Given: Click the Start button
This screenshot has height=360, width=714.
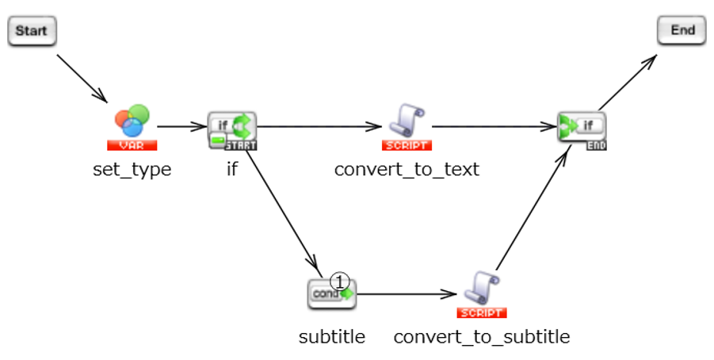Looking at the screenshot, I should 32,32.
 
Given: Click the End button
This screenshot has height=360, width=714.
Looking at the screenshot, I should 682,31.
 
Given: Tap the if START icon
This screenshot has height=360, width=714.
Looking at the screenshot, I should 232,129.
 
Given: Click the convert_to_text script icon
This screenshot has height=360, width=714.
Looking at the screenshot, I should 407,126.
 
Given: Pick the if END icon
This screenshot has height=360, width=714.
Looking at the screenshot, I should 582,129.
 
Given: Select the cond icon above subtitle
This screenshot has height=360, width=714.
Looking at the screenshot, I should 331,293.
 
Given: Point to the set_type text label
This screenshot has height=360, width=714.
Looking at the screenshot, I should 132,170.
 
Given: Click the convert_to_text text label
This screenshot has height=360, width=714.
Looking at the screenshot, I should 407,170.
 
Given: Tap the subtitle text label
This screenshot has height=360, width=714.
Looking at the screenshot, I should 332,337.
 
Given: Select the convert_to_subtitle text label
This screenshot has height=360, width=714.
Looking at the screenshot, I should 482,337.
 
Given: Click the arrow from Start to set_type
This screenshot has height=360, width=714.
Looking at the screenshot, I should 82,77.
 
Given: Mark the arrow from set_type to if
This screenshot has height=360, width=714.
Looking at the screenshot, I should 181,125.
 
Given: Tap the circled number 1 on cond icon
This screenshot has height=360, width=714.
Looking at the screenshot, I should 339,281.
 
